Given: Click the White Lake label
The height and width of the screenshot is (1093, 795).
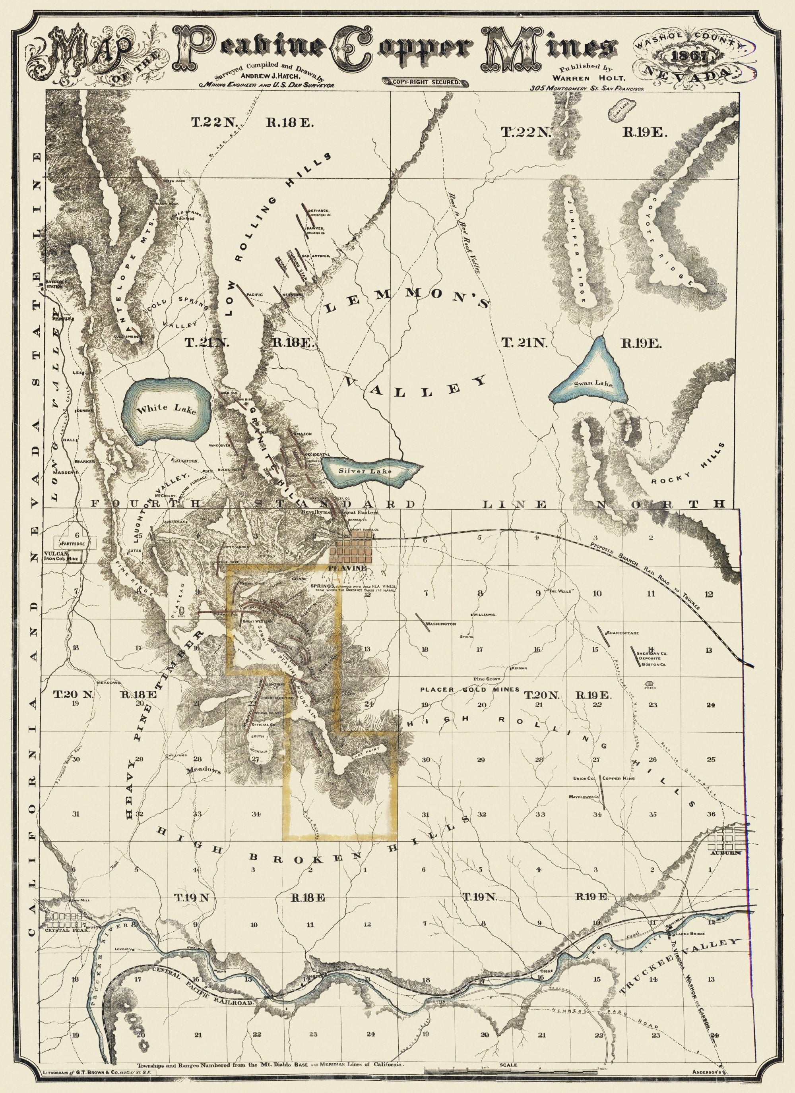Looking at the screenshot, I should click(166, 410).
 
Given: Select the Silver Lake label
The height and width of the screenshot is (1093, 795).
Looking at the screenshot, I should click(365, 471).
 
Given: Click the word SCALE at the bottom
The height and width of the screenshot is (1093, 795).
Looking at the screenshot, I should click(509, 1074).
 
